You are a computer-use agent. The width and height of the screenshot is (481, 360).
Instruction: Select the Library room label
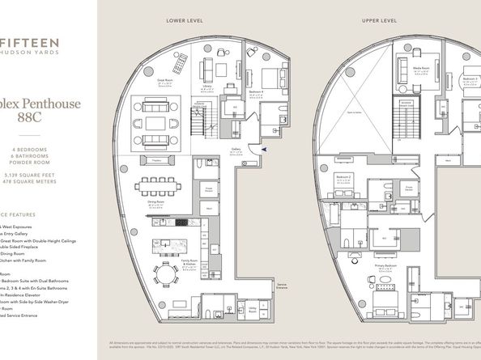207,84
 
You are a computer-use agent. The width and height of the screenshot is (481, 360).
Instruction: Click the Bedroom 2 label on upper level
343,176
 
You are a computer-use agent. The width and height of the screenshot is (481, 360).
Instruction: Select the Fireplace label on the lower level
160,161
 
